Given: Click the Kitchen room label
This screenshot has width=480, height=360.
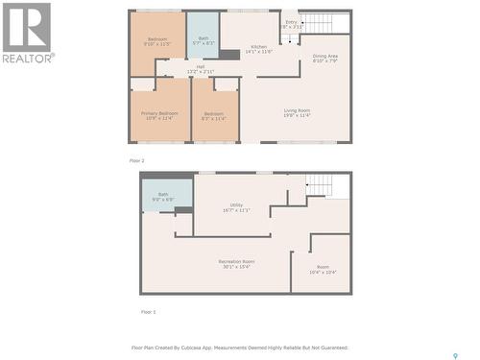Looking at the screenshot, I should [x=259, y=49].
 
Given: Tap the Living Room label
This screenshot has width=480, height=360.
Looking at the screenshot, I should [x=297, y=113].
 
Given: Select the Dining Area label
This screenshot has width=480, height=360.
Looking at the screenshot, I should [x=324, y=59].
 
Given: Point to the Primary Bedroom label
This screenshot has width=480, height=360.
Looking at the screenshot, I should [x=158, y=116].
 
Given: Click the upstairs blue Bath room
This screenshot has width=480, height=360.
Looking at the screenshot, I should [x=203, y=36].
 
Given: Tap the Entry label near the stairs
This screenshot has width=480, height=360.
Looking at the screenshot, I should [x=291, y=24].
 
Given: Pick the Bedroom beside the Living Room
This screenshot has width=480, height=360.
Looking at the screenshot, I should [x=214, y=116].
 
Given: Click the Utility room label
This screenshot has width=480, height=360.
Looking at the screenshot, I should [x=236, y=206].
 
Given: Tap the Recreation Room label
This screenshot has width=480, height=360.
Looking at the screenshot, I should [x=235, y=263].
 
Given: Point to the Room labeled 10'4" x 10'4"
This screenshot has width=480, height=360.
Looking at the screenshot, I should [x=323, y=270].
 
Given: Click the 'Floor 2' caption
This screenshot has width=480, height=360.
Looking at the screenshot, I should [x=136, y=160].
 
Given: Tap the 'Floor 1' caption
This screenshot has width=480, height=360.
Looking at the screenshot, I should [x=148, y=312].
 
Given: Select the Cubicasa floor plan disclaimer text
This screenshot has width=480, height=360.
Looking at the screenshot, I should [x=239, y=348].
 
